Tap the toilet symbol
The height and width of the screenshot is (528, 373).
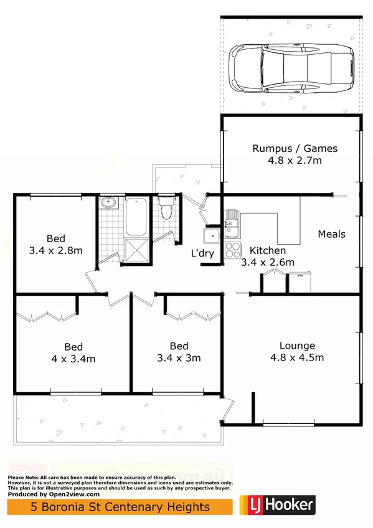pos(166,209)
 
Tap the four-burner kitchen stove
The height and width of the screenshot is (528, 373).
pos(232,250)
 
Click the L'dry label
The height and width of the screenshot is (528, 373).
pos(203,253)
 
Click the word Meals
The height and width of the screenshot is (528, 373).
pos(331,234)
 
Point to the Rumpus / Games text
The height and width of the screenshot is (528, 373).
pos(295,148)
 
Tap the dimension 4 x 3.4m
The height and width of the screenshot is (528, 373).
pos(73,359)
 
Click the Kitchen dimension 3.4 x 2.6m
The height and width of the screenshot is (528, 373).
pos(268,262)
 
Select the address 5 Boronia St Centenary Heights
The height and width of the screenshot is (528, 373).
pos(121,507)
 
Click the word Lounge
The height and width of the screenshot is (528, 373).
pos(297,346)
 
